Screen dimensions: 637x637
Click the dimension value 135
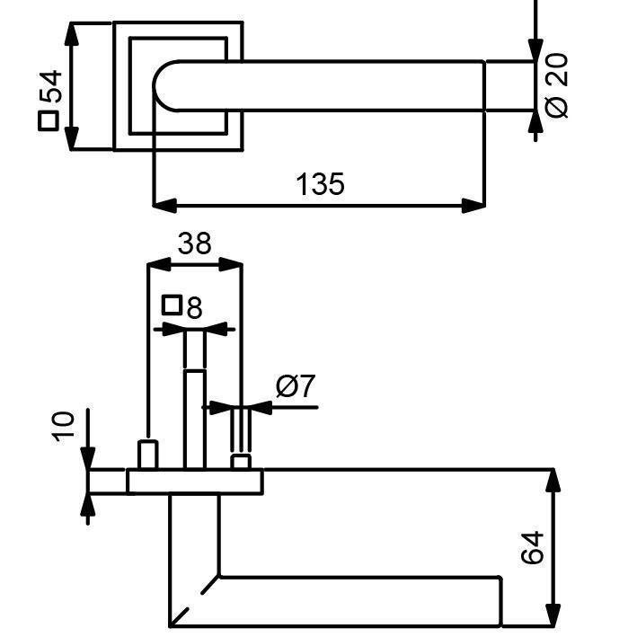320,184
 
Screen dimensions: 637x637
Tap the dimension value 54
50,86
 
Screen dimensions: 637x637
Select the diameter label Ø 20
556,85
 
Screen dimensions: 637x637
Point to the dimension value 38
195,243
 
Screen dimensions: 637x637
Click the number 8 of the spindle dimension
194,307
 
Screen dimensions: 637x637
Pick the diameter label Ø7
296,386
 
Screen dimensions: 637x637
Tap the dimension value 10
64,427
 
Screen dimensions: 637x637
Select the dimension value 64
532,547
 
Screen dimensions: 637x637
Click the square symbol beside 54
49,121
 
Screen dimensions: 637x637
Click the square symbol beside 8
172,305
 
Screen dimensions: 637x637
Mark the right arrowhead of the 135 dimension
473,206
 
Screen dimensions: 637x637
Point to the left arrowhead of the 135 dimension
165,206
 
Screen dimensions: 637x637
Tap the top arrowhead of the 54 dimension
72,34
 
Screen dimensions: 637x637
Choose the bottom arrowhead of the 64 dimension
553,615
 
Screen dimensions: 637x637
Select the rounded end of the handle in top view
164,86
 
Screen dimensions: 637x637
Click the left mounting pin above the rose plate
147,455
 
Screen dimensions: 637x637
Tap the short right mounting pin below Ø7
241,463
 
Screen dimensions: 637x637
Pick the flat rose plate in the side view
195,482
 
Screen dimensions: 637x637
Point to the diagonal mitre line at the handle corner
195,601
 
